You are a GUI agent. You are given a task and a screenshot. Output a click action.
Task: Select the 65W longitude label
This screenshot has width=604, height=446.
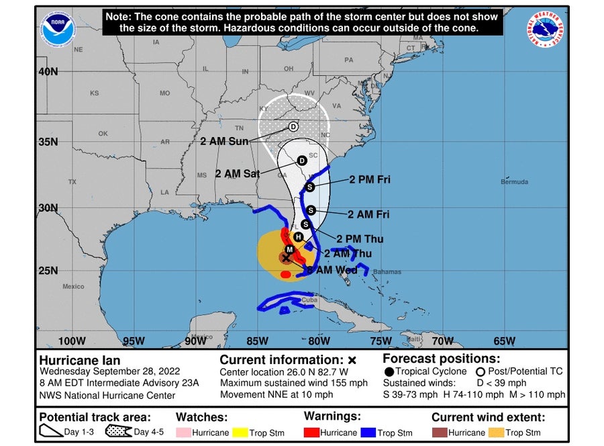pyautogui.click(x=504, y=341)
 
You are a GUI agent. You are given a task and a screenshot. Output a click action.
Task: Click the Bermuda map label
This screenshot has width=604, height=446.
pyautogui.click(x=514, y=182)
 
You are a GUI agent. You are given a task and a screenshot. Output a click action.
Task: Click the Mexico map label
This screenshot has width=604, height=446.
pyautogui.click(x=73, y=287)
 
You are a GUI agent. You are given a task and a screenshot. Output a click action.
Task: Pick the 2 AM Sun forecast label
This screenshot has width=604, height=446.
pyautogui.click(x=224, y=141)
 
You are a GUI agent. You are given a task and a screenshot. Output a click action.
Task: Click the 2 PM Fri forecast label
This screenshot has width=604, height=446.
pyautogui.click(x=369, y=180)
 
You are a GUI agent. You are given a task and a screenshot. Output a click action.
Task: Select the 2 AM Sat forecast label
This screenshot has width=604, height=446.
pyautogui.click(x=237, y=173)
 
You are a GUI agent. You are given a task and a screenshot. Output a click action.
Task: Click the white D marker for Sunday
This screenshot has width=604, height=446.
pyautogui.click(x=293, y=127)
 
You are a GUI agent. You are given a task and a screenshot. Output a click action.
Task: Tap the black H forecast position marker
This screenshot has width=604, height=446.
pyautogui.click(x=298, y=236)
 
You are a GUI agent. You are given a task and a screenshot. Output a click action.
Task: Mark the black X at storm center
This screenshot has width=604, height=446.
pyautogui.click(x=286, y=257)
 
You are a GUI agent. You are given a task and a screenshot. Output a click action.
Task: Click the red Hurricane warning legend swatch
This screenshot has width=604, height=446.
pyautogui.click(x=313, y=433)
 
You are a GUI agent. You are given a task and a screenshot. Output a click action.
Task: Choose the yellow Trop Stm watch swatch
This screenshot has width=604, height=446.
pyautogui.click(x=240, y=433)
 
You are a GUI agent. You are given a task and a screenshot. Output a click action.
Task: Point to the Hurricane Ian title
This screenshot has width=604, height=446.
pyautogui.click(x=80, y=360)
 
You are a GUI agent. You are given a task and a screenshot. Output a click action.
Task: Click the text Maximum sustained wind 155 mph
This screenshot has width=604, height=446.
pyautogui.click(x=294, y=383)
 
